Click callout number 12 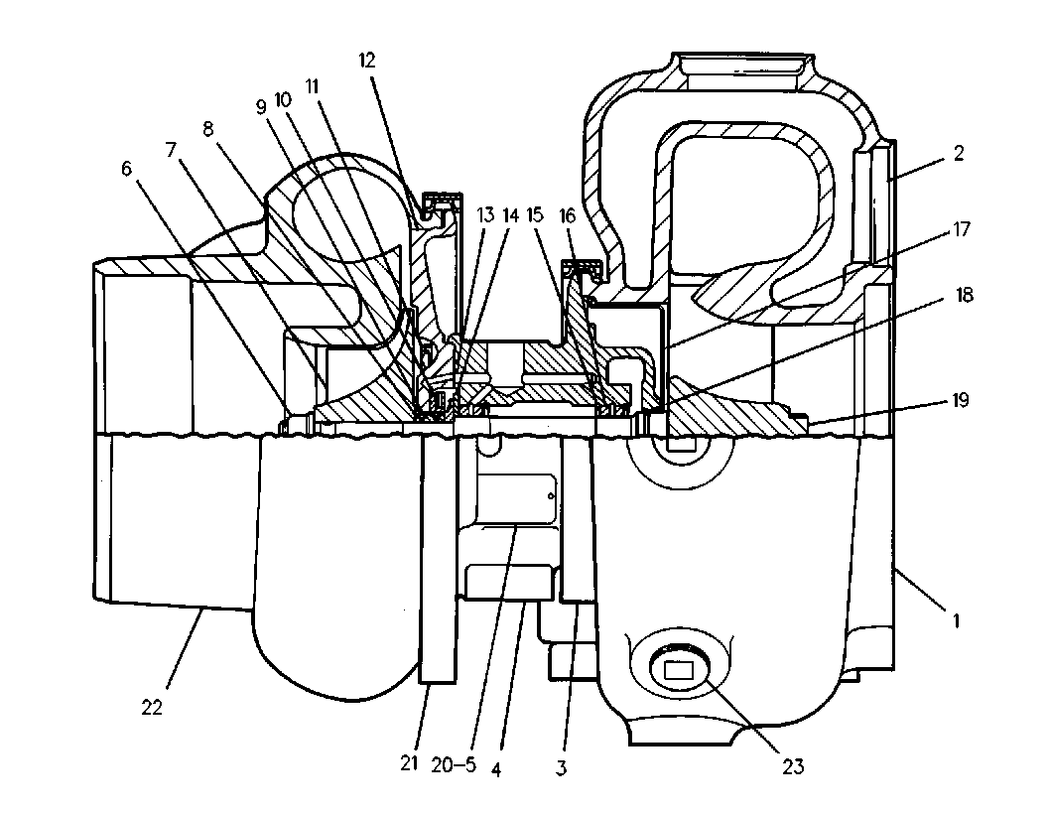click(x=367, y=61)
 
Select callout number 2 click(x=959, y=153)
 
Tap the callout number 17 click(x=961, y=229)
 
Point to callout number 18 click(x=964, y=295)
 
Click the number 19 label click(x=961, y=400)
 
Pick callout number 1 click(x=956, y=620)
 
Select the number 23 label click(x=793, y=766)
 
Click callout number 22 click(x=152, y=707)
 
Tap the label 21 click(x=409, y=763)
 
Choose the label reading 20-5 click(x=454, y=764)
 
